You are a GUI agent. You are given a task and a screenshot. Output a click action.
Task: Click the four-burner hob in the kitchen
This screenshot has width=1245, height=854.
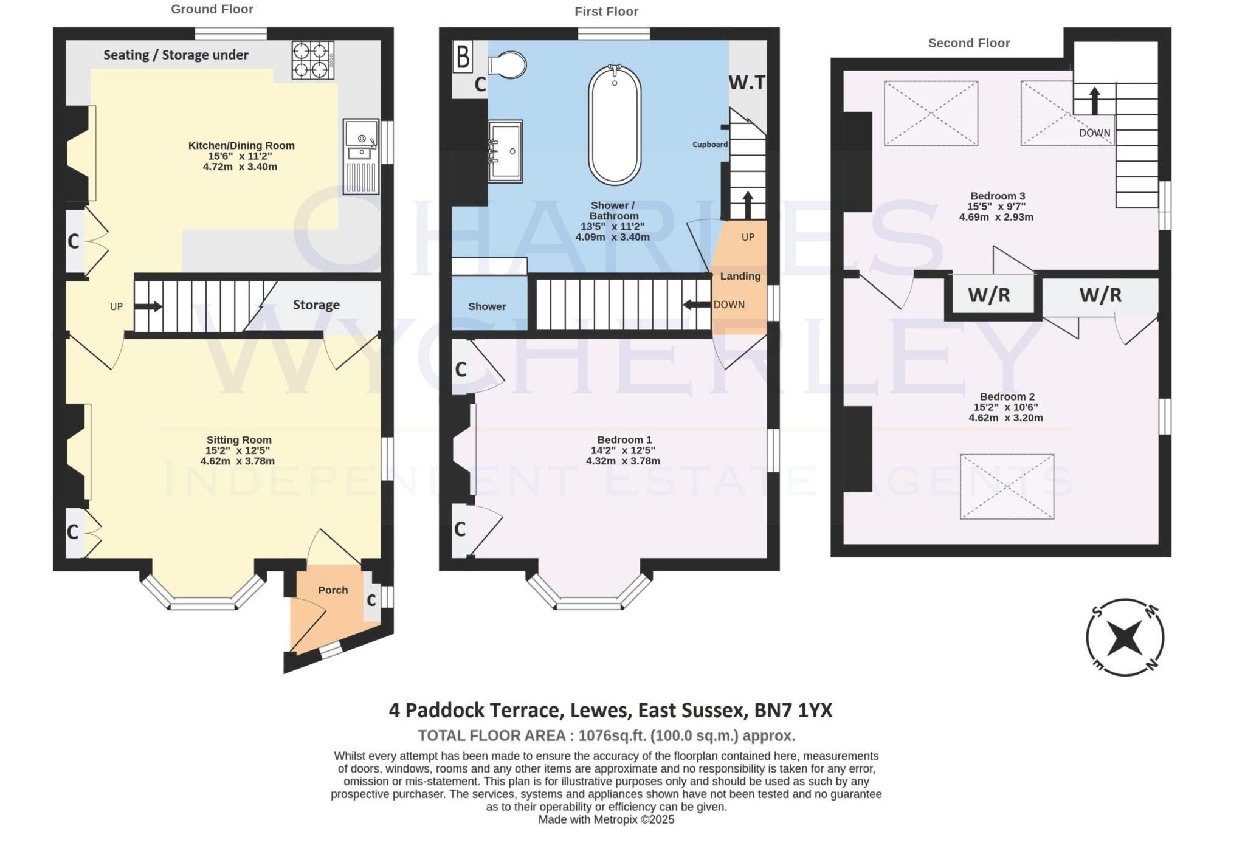click(x=312, y=60)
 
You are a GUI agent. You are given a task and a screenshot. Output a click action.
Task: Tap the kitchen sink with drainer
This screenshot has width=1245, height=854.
click(x=360, y=156)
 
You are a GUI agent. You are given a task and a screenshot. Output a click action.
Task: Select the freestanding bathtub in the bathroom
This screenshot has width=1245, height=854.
click(x=615, y=125)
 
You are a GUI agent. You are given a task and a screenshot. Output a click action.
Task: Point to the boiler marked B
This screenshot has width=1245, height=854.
click(x=463, y=57)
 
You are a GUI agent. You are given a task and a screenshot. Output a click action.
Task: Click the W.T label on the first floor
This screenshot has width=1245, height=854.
click(x=747, y=82)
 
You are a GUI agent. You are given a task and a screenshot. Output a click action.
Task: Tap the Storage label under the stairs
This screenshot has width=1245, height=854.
click(x=316, y=305)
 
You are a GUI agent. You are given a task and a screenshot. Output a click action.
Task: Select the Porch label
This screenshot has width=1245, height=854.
click(x=333, y=590)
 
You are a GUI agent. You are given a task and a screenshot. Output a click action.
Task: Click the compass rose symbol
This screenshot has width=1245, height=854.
click(x=1125, y=638)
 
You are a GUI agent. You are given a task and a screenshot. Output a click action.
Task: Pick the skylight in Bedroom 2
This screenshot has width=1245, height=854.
click(x=1007, y=486)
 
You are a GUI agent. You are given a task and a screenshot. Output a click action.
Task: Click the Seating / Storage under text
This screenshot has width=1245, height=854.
click(x=176, y=55)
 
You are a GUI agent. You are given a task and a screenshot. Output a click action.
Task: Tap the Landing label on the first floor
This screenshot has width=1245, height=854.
click(x=740, y=276)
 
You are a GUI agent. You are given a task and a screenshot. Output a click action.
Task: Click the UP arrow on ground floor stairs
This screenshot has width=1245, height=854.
click(x=148, y=306)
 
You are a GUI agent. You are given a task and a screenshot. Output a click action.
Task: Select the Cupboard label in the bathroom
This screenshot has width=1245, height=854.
click(x=709, y=145)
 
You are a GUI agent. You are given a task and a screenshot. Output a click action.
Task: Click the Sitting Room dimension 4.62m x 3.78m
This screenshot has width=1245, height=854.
click(x=238, y=461)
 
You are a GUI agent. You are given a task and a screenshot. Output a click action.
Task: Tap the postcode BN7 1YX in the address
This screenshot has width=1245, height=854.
click(x=793, y=710)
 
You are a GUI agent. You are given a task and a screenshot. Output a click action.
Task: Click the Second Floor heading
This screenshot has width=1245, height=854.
click(x=968, y=43)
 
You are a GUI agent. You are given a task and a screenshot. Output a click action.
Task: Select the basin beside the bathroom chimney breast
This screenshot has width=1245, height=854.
click(x=506, y=151)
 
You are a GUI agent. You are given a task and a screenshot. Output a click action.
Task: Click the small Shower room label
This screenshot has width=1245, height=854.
click(x=486, y=306)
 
